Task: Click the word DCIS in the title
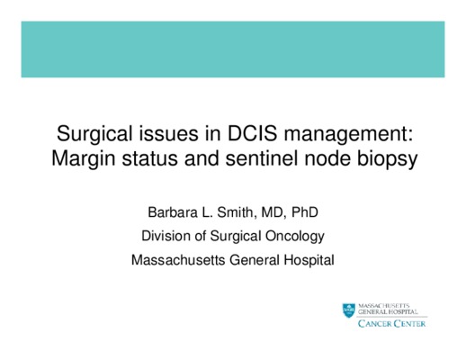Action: coord(253,133)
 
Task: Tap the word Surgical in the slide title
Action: coord(94,135)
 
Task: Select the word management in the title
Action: coord(348,135)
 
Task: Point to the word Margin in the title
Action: coord(84,159)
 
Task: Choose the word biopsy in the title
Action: coord(387,159)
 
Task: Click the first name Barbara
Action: coord(173,212)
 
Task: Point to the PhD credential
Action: coord(305,212)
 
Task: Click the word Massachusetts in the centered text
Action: coord(178,260)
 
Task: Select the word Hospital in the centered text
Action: coord(309,261)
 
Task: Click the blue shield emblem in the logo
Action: coord(349,310)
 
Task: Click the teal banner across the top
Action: coord(233,49)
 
